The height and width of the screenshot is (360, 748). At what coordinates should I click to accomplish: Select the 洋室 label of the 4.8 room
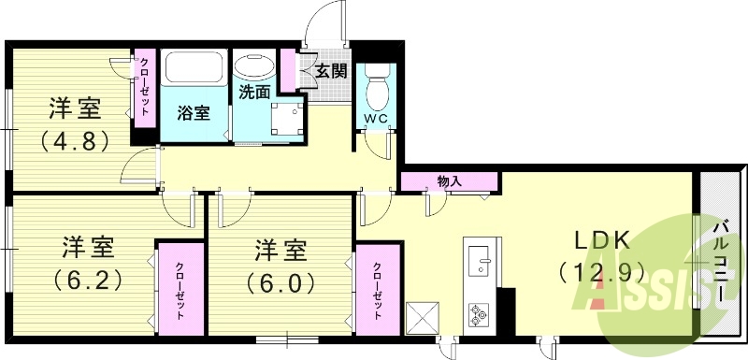[76, 109]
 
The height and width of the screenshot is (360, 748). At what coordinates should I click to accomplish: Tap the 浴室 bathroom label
[194, 113]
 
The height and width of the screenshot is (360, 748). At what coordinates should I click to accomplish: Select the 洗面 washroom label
[254, 92]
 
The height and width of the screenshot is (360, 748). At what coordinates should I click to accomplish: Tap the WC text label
[378, 119]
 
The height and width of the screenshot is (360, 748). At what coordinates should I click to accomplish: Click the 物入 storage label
[450, 180]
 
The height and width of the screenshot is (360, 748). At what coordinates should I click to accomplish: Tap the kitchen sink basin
[478, 259]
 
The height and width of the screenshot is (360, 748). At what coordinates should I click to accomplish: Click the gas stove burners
[479, 313]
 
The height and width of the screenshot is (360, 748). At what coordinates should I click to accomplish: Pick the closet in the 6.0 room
[377, 289]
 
